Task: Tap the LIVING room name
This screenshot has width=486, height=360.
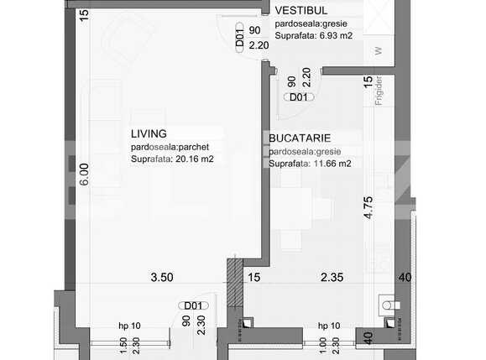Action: (149, 133)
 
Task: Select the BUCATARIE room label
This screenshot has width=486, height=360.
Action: (300, 136)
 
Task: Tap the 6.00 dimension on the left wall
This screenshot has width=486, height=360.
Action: (83, 174)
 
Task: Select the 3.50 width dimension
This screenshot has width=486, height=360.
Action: (161, 277)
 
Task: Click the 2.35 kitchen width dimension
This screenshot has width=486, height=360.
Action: (329, 277)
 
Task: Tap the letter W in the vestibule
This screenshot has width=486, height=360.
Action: (378, 50)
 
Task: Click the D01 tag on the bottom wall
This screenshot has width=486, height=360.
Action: (195, 305)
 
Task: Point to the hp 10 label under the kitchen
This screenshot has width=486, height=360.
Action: (328, 325)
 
